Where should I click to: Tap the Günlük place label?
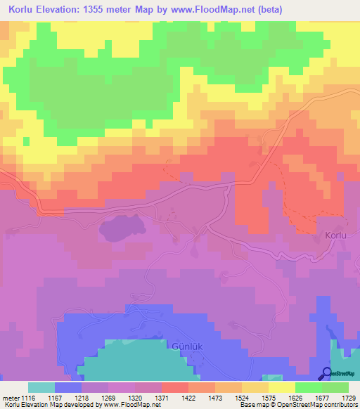[186, 346]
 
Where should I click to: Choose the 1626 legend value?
[319, 398]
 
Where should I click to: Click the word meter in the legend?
[11, 398]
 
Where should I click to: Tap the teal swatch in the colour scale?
[41, 387]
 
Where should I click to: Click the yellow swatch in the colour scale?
[282, 387]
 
